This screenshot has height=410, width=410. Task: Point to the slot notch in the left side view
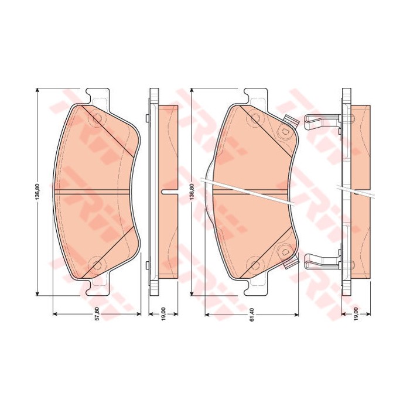point(169,192)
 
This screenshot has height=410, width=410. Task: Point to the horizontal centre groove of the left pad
point(94,192)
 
